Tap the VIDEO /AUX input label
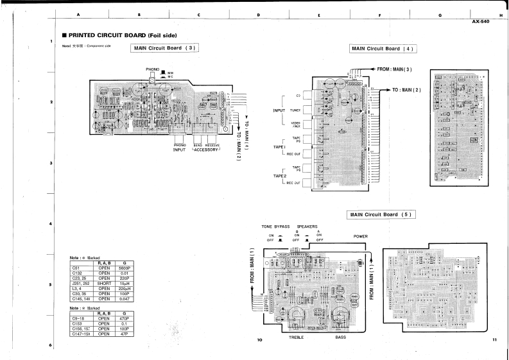click(296, 124)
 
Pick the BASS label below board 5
click(341, 337)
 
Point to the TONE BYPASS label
click(275, 227)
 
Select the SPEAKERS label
click(307, 227)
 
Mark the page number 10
click(260, 339)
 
